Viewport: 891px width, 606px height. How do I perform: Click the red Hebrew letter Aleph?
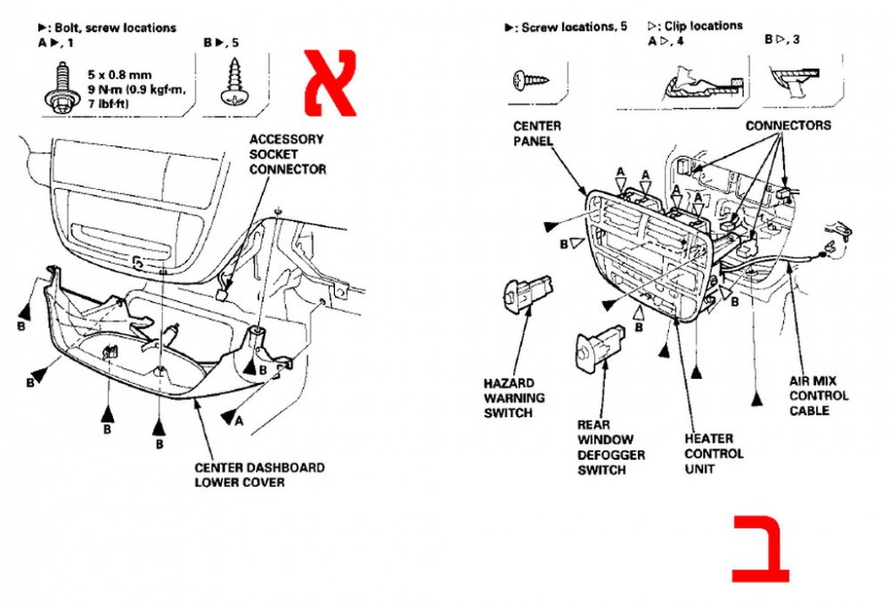pyautogui.click(x=331, y=83)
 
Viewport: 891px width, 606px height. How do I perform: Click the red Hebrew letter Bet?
pyautogui.click(x=760, y=549)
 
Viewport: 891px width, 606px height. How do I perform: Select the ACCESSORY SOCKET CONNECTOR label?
pyautogui.click(x=288, y=154)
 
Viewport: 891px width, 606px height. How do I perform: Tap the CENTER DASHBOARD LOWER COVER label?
pyautogui.click(x=259, y=475)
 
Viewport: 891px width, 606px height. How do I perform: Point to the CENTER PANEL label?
pyautogui.click(x=537, y=133)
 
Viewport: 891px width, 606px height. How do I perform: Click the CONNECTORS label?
pyautogui.click(x=789, y=125)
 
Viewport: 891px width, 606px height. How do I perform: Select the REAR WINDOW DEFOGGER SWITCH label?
pyautogui.click(x=611, y=447)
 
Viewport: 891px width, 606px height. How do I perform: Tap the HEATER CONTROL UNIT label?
pyautogui.click(x=714, y=454)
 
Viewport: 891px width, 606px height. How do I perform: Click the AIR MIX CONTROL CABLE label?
pyautogui.click(x=818, y=396)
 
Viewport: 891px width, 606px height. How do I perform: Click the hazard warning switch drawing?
pyautogui.click(x=527, y=293)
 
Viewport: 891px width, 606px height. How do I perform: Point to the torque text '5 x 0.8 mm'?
pyautogui.click(x=119, y=75)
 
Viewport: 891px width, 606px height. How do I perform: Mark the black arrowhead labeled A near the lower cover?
pyautogui.click(x=229, y=416)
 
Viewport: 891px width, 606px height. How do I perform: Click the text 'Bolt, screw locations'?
pyautogui.click(x=115, y=28)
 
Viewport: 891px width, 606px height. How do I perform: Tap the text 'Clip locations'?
pyautogui.click(x=704, y=26)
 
